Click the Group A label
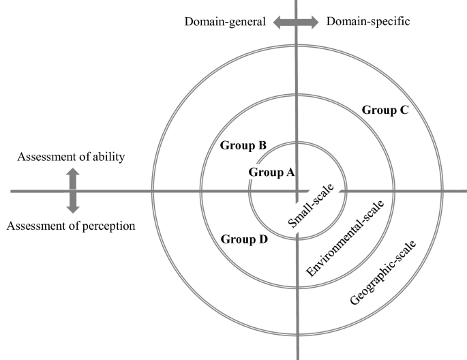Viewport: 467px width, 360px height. [271, 172]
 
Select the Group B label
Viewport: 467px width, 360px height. [243, 146]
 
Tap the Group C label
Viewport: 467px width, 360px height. [385, 110]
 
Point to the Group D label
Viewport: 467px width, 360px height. [244, 239]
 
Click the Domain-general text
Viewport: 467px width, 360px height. [225, 21]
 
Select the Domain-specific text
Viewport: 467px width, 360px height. [368, 21]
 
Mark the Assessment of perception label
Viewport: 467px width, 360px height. [71, 226]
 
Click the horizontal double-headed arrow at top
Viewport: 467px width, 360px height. [296, 22]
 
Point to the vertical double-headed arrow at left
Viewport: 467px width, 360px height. [72, 191]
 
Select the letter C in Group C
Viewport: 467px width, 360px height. [404, 110]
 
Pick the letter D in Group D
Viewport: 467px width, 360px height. [263, 239]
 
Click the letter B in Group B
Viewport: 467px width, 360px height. [262, 146]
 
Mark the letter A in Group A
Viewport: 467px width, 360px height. [290, 172]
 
